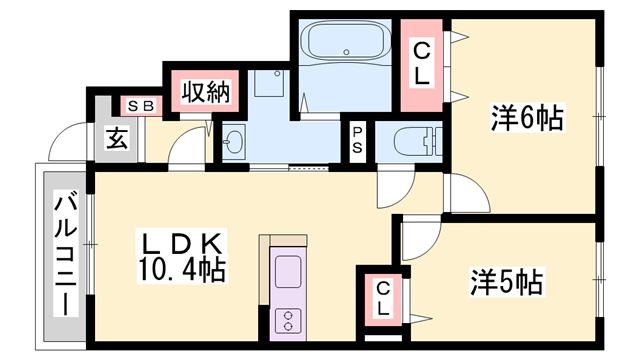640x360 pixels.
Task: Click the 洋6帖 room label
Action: [526, 118]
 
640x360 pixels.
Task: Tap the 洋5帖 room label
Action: [506, 282]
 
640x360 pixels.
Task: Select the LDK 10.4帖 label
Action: [181, 257]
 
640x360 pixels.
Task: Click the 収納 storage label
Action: [205, 93]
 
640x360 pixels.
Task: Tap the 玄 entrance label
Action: [117, 139]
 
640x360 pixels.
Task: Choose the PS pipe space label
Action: [357, 142]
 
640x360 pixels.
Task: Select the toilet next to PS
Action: [414, 140]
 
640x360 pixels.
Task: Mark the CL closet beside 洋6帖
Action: [422, 62]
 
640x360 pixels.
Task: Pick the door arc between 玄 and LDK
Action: [187, 148]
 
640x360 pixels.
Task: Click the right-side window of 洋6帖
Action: [598, 118]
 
